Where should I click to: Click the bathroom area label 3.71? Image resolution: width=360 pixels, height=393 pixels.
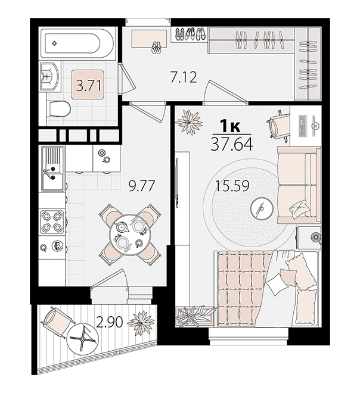89,86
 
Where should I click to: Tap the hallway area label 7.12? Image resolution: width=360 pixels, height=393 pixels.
184,77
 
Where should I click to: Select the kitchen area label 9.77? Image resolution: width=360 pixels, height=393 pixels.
141,186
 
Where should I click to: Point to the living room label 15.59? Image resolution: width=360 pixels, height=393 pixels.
232,186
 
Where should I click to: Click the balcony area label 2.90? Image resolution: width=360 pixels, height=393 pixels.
110,322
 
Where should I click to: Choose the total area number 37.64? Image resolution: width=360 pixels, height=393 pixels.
231,144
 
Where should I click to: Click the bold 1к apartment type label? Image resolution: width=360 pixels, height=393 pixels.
230,126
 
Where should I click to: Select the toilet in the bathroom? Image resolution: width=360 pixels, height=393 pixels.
58,109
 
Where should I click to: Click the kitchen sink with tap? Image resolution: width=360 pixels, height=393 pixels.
52,169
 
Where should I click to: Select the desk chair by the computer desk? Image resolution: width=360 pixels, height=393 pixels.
278,124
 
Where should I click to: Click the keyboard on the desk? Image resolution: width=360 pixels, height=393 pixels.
303,126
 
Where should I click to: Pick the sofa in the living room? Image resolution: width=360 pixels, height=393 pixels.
299,185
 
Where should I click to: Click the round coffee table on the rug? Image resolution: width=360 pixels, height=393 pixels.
262,208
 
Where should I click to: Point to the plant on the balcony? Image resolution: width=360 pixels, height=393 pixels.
138,322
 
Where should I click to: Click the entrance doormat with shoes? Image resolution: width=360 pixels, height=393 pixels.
150,38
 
